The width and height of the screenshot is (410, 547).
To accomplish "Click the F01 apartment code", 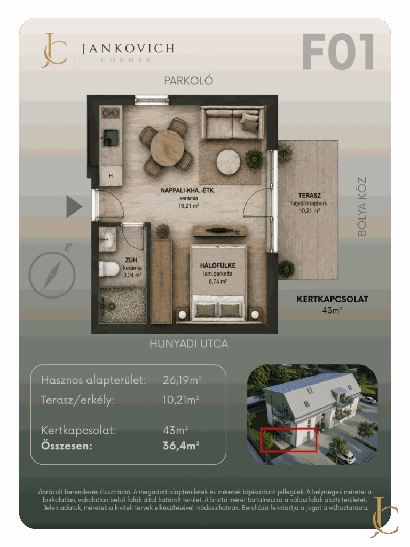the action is tap(338, 52).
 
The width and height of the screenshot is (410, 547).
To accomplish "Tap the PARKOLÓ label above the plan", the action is tap(188, 81).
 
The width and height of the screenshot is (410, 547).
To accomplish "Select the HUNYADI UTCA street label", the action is tap(188, 344).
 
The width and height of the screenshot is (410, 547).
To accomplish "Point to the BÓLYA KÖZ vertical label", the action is tap(362, 206).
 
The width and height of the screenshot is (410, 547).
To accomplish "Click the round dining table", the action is tap(167, 148).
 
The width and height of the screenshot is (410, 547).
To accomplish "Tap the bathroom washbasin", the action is tap(107, 239).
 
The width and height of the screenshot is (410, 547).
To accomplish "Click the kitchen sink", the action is tap(111, 138).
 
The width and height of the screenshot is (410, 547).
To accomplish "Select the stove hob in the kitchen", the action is tap(111, 113).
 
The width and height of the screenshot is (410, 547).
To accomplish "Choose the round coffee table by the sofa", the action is tap(228, 162).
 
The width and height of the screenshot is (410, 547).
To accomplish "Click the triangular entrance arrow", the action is tap(74, 207).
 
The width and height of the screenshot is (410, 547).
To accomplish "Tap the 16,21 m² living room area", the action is tap(188, 206).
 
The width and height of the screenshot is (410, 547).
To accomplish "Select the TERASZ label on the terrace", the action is tap(309, 196).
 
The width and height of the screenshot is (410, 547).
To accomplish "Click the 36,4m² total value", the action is tap(181, 446).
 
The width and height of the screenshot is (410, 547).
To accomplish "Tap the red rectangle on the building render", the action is tap(289, 440).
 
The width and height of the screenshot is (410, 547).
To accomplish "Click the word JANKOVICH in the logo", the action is tap(128, 49).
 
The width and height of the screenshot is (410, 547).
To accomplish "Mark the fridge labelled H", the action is tap(111, 175).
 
